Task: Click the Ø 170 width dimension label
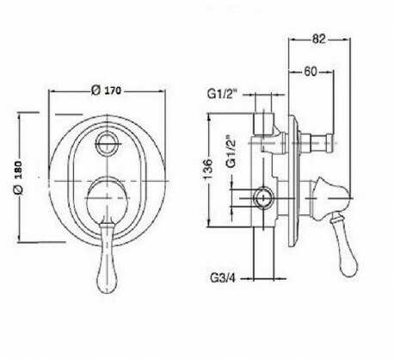click(106, 90)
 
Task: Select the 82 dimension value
click(319, 39)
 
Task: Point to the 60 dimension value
click(311, 71)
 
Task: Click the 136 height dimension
click(208, 169)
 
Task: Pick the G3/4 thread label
click(223, 278)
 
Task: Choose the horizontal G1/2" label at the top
click(223, 94)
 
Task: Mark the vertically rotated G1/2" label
click(231, 152)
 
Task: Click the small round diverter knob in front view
click(108, 143)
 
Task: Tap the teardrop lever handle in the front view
click(108, 257)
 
